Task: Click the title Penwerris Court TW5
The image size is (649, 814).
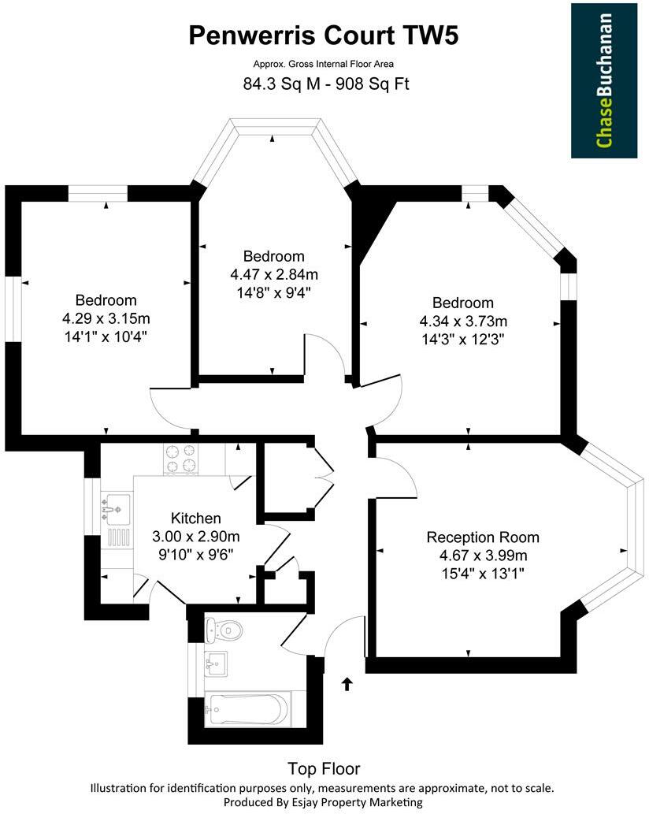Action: click(x=324, y=35)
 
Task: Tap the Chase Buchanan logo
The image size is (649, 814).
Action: click(x=604, y=80)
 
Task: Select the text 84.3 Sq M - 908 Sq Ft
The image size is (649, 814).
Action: click(x=324, y=83)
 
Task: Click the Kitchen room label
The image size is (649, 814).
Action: click(x=195, y=519)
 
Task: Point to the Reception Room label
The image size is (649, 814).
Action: click(x=483, y=537)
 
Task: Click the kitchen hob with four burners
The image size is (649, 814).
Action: click(x=180, y=459)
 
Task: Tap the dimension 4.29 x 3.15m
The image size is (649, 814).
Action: click(x=106, y=318)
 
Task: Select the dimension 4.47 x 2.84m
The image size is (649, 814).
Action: click(x=273, y=274)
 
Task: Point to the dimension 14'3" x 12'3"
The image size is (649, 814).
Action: click(x=462, y=339)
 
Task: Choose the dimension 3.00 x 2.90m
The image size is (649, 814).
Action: click(x=195, y=537)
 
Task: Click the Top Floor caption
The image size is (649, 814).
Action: click(x=324, y=768)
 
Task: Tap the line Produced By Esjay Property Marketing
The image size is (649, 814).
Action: click(x=324, y=802)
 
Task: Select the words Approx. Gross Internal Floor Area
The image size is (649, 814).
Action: click(x=324, y=64)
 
